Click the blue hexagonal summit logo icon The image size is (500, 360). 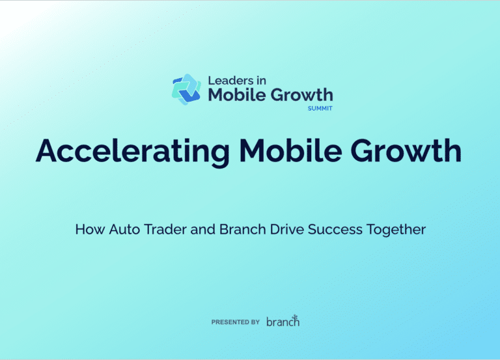(x=186, y=89)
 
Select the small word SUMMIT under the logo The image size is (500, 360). (x=320, y=109)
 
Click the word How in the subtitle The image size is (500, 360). (x=87, y=230)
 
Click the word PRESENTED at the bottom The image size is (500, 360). (x=230, y=322)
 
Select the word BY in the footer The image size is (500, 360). (x=255, y=322)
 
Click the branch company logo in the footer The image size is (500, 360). (x=283, y=321)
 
